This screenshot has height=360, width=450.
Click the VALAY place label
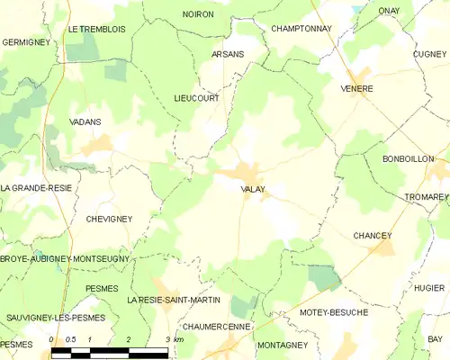[252, 189]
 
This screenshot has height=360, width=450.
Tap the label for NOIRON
[198, 14]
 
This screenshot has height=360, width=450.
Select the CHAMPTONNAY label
[301, 29]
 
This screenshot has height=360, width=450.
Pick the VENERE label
[357, 88]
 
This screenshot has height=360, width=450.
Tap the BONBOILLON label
[409, 158]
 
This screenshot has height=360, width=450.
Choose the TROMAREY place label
[427, 196]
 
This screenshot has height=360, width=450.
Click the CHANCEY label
[373, 235]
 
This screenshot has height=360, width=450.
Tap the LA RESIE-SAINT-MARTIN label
[174, 299]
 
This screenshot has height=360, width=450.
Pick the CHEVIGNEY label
[109, 219]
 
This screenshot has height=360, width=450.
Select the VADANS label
[85, 121]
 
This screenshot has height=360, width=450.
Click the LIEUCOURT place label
[196, 98]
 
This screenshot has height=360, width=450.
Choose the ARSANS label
[228, 54]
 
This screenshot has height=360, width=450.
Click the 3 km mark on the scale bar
[168, 339]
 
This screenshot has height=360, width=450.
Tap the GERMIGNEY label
[25, 41]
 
